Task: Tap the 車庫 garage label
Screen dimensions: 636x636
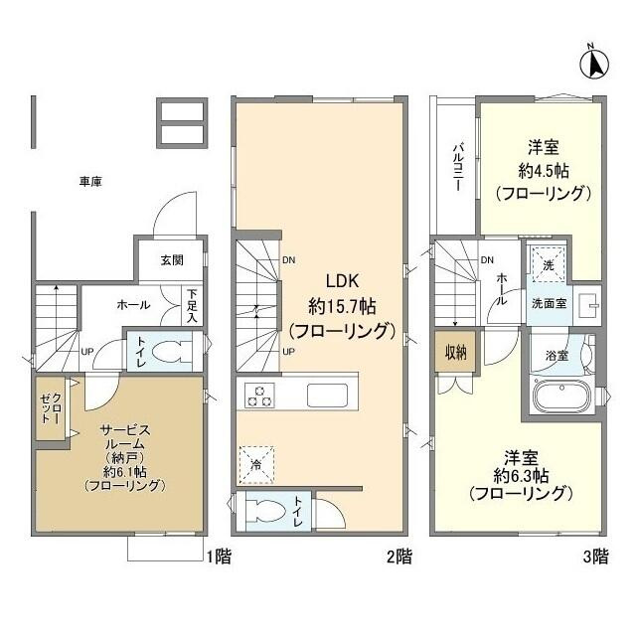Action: pyautogui.click(x=92, y=182)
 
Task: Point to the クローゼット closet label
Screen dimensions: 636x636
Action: pyautogui.click(x=51, y=408)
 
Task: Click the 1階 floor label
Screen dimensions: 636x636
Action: pyautogui.click(x=220, y=557)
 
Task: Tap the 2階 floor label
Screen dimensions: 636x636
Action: pyautogui.click(x=398, y=557)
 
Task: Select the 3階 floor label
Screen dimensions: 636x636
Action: pyautogui.click(x=594, y=557)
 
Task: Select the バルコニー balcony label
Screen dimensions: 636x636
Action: pyautogui.click(x=458, y=167)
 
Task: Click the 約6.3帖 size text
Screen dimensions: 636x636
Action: pyautogui.click(x=520, y=474)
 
